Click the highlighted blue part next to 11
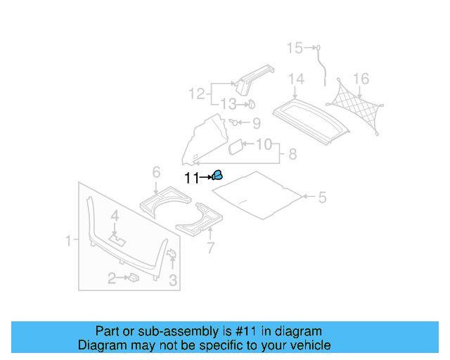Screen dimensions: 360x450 pyautogui.click(x=218, y=175)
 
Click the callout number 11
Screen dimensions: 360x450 pyautogui.click(x=191, y=178)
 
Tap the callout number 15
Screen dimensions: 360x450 pyautogui.click(x=294, y=48)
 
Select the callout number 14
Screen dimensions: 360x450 pyautogui.click(x=295, y=78)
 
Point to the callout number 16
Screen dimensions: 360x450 pyautogui.click(x=361, y=78)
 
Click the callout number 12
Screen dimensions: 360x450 pyautogui.click(x=196, y=93)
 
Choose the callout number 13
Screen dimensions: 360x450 pyautogui.click(x=229, y=105)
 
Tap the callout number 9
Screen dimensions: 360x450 pyautogui.click(x=255, y=124)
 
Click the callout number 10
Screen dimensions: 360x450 pyautogui.click(x=263, y=145)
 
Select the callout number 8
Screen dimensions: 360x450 pyautogui.click(x=292, y=153)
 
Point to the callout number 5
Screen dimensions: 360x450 pyautogui.click(x=322, y=198)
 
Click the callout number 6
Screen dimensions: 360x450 pyautogui.click(x=156, y=172)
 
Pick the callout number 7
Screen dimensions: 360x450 pyautogui.click(x=209, y=247)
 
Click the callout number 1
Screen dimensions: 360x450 pyautogui.click(x=69, y=241)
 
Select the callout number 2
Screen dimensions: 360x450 pyautogui.click(x=111, y=279)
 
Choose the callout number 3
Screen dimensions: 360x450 pyautogui.click(x=173, y=281)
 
